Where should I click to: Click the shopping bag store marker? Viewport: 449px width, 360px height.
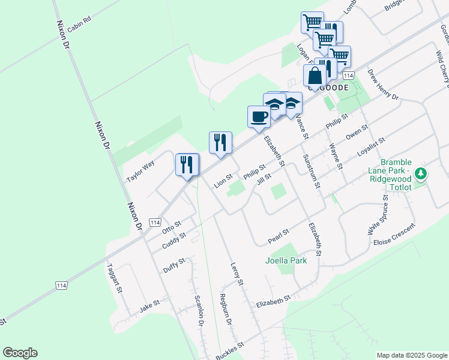[315, 77]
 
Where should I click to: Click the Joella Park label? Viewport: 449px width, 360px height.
[286, 260]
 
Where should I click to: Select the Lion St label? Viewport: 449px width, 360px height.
[223, 180]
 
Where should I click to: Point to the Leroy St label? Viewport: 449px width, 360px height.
[236, 273]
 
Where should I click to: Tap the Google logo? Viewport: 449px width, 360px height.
[20, 353]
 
